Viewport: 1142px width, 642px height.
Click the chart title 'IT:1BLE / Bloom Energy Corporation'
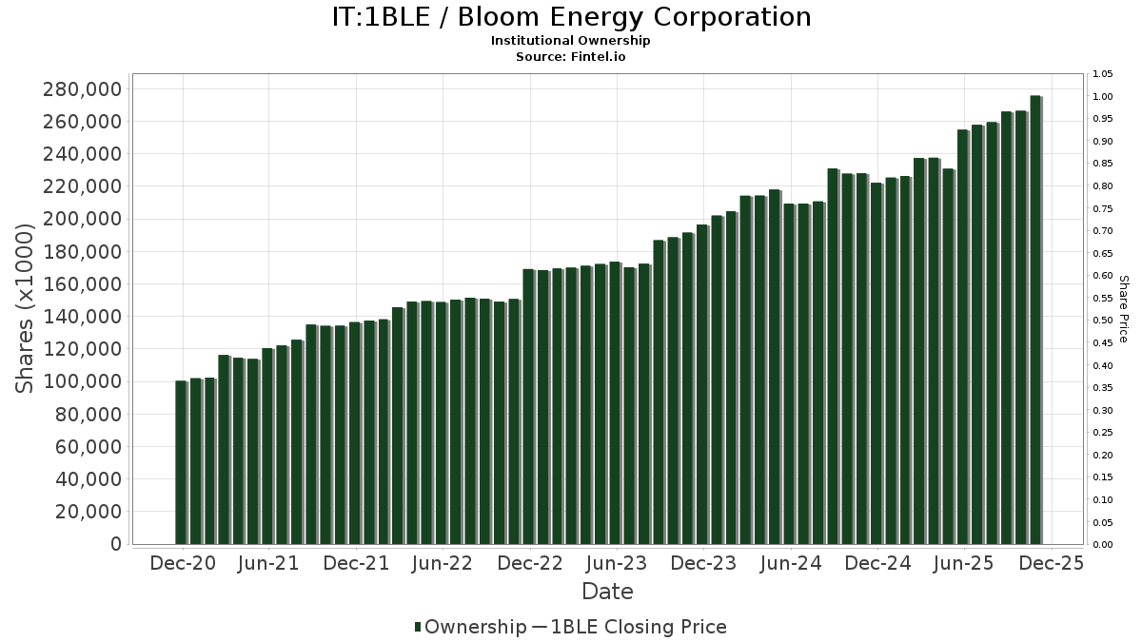[x=571, y=17]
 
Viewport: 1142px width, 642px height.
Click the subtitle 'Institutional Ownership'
[x=571, y=41]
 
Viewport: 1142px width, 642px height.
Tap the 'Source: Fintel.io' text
[x=571, y=56]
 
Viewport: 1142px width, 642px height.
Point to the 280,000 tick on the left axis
[x=83, y=89]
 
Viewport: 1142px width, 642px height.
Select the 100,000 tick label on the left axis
[x=83, y=381]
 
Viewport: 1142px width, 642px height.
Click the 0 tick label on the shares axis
[x=115, y=544]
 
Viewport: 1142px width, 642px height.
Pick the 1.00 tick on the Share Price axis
[x=1103, y=97]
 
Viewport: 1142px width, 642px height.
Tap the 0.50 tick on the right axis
[x=1103, y=321]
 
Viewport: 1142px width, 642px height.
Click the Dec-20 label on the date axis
[x=183, y=564]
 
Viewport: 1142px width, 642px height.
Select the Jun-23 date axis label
[x=617, y=564]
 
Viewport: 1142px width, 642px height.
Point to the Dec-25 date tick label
[x=1051, y=564]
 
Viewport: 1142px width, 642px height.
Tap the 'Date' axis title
[x=607, y=592]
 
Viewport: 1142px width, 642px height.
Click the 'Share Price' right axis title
[x=1124, y=308]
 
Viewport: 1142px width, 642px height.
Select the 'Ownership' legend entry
[x=470, y=627]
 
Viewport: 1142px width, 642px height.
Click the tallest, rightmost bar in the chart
[x=1035, y=320]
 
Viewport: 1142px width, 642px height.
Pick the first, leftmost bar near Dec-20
[x=181, y=462]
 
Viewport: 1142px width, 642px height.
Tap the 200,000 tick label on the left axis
[x=83, y=219]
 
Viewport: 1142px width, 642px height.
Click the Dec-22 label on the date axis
[x=530, y=564]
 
